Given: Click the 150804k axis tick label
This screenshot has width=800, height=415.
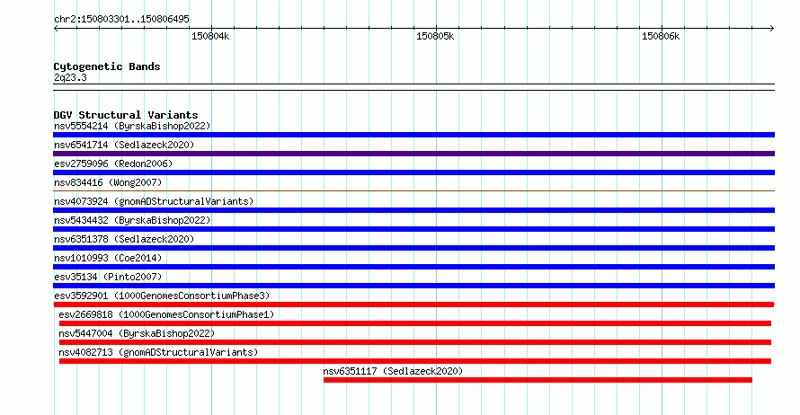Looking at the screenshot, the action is (x=210, y=36).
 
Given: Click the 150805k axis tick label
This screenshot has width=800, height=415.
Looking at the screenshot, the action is (x=435, y=36).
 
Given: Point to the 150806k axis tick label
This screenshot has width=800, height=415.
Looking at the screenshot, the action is (x=661, y=36).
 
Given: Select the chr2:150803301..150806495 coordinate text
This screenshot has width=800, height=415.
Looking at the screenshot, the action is (x=121, y=19).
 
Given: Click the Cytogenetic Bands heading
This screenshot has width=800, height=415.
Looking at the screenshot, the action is (x=107, y=66).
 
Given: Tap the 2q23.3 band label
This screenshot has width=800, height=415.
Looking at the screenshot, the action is (x=70, y=77).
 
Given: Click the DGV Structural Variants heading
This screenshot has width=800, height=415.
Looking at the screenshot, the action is (x=126, y=115).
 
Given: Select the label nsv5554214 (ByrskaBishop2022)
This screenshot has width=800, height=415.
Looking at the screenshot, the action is (x=132, y=126).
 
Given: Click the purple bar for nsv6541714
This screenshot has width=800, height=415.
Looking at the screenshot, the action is (x=413, y=154).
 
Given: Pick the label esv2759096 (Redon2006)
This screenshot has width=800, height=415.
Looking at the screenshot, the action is (x=113, y=163).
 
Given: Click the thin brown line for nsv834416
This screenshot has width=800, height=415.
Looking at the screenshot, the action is (x=413, y=191).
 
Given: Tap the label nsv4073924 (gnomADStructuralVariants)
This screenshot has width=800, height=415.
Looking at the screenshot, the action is (x=154, y=201).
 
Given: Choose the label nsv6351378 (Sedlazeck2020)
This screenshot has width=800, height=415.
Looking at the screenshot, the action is (x=124, y=239).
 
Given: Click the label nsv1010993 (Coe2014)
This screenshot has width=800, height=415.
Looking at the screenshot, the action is (x=108, y=258).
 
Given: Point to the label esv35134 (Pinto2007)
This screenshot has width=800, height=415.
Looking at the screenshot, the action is (x=108, y=277).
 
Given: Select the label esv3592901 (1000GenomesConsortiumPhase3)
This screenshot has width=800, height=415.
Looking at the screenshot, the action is (x=162, y=296).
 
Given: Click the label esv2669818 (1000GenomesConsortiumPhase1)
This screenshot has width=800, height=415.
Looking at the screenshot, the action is (x=166, y=314).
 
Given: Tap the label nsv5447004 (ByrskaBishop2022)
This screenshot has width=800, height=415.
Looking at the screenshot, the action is (x=137, y=333).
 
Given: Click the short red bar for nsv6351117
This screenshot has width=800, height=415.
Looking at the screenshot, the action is (x=538, y=380).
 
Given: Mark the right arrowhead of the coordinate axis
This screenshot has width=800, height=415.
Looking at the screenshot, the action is (x=773, y=28).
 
